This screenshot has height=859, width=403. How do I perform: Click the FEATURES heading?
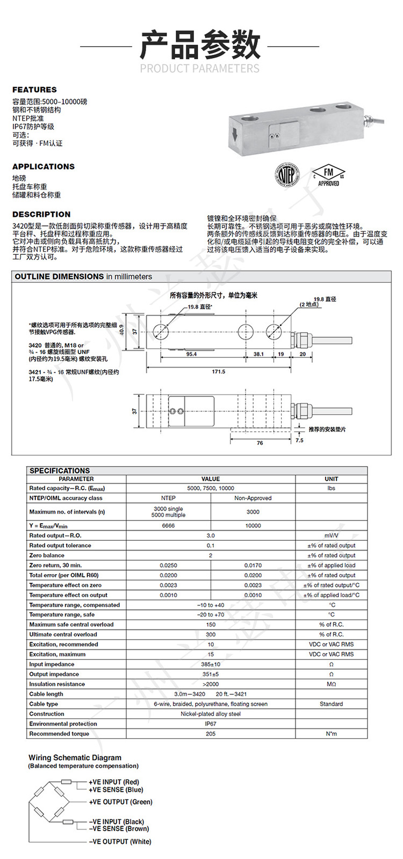[34, 90]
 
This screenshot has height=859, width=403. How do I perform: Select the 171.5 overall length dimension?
[219, 371]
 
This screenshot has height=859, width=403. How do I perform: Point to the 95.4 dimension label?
[191, 354]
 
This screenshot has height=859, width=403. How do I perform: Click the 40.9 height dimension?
[122, 332]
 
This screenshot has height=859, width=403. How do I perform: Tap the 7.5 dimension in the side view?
[299, 440]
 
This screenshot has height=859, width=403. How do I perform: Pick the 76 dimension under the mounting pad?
[260, 443]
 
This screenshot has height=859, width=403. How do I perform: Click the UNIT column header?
[332, 479]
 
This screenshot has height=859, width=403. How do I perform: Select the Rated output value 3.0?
[211, 535]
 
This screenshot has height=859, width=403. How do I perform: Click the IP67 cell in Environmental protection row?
[211, 724]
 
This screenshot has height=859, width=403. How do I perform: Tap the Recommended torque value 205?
[211, 733]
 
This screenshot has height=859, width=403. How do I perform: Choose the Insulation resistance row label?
[57, 684]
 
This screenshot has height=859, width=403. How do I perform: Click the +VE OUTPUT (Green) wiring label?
[121, 802]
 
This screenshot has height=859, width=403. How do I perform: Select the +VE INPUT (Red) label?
[114, 782]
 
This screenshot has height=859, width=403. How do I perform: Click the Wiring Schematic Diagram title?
[75, 758]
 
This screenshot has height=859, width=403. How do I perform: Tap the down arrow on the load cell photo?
[234, 134]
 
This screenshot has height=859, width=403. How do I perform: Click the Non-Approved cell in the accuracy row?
[253, 498]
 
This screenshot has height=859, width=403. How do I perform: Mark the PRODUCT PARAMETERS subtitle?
[200, 68]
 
